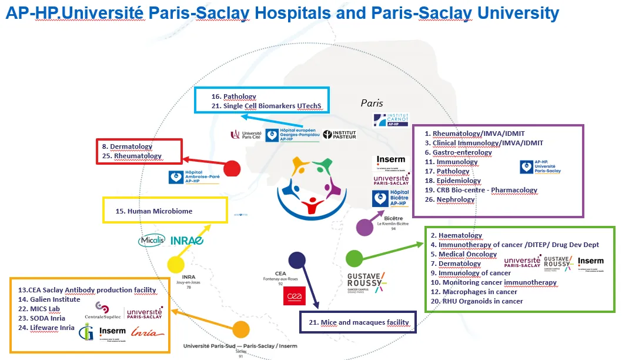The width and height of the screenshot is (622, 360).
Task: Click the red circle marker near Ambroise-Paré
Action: pos(232,168)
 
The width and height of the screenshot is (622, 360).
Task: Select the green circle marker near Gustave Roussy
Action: pos(354,258)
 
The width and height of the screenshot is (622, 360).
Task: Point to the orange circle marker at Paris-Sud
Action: pos(241,330)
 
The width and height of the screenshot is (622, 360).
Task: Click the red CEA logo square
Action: pos(295,296)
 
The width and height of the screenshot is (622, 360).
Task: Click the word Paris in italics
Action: pos(372,103)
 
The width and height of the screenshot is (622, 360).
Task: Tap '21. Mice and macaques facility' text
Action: pos(358,322)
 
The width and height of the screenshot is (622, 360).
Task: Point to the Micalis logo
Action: pos(152,240)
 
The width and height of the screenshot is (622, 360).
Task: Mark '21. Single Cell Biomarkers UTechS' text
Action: pos(267,106)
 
